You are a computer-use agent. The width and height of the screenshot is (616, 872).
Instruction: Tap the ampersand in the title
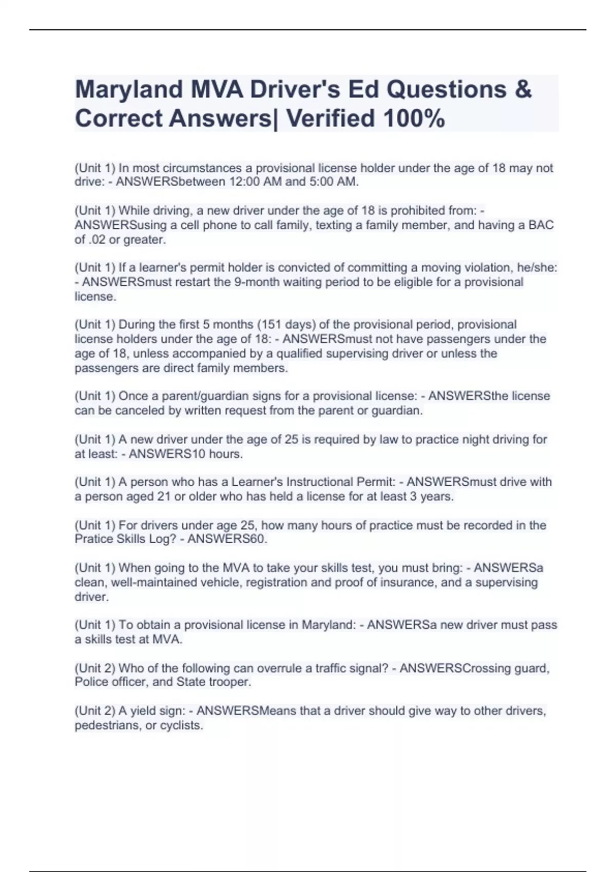tap(522, 89)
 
